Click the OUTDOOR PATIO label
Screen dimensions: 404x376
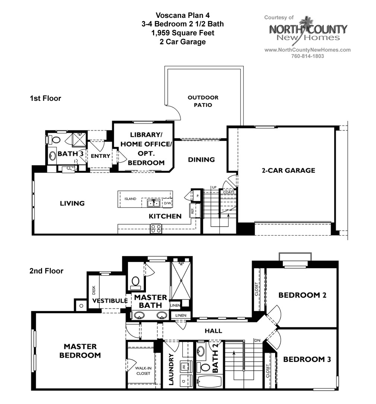[203, 101]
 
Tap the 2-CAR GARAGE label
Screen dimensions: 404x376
[288, 170]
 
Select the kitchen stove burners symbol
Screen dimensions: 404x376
[156, 228]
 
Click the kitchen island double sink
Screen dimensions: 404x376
[153, 203]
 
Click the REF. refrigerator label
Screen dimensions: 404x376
[192, 211]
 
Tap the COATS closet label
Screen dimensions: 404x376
[229, 192]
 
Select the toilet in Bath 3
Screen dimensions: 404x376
[56, 140]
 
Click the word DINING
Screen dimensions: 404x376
[201, 160]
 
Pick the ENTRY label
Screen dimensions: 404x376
[101, 156]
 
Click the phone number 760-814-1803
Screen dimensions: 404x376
[307, 56]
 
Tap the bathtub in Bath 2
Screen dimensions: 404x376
[209, 381]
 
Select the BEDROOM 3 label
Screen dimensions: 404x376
[307, 359]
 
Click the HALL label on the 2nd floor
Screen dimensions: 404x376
[213, 331]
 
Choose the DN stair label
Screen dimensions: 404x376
[257, 340]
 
